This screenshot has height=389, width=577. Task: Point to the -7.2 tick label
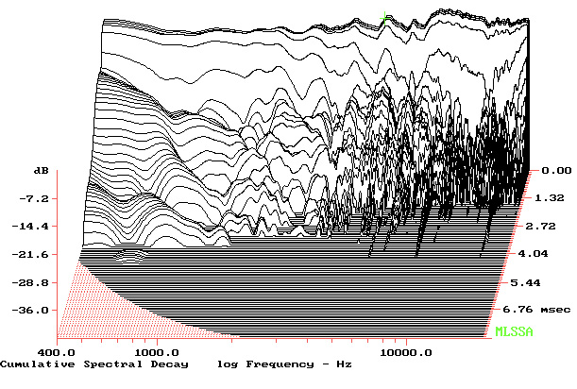tap(37, 198)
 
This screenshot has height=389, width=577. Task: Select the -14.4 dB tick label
tap(37, 227)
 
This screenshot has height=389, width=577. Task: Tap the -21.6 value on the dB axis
tap(37, 255)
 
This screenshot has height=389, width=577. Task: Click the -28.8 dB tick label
tap(37, 282)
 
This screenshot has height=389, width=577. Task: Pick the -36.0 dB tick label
tap(37, 310)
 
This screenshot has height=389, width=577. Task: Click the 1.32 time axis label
tap(551, 198)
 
